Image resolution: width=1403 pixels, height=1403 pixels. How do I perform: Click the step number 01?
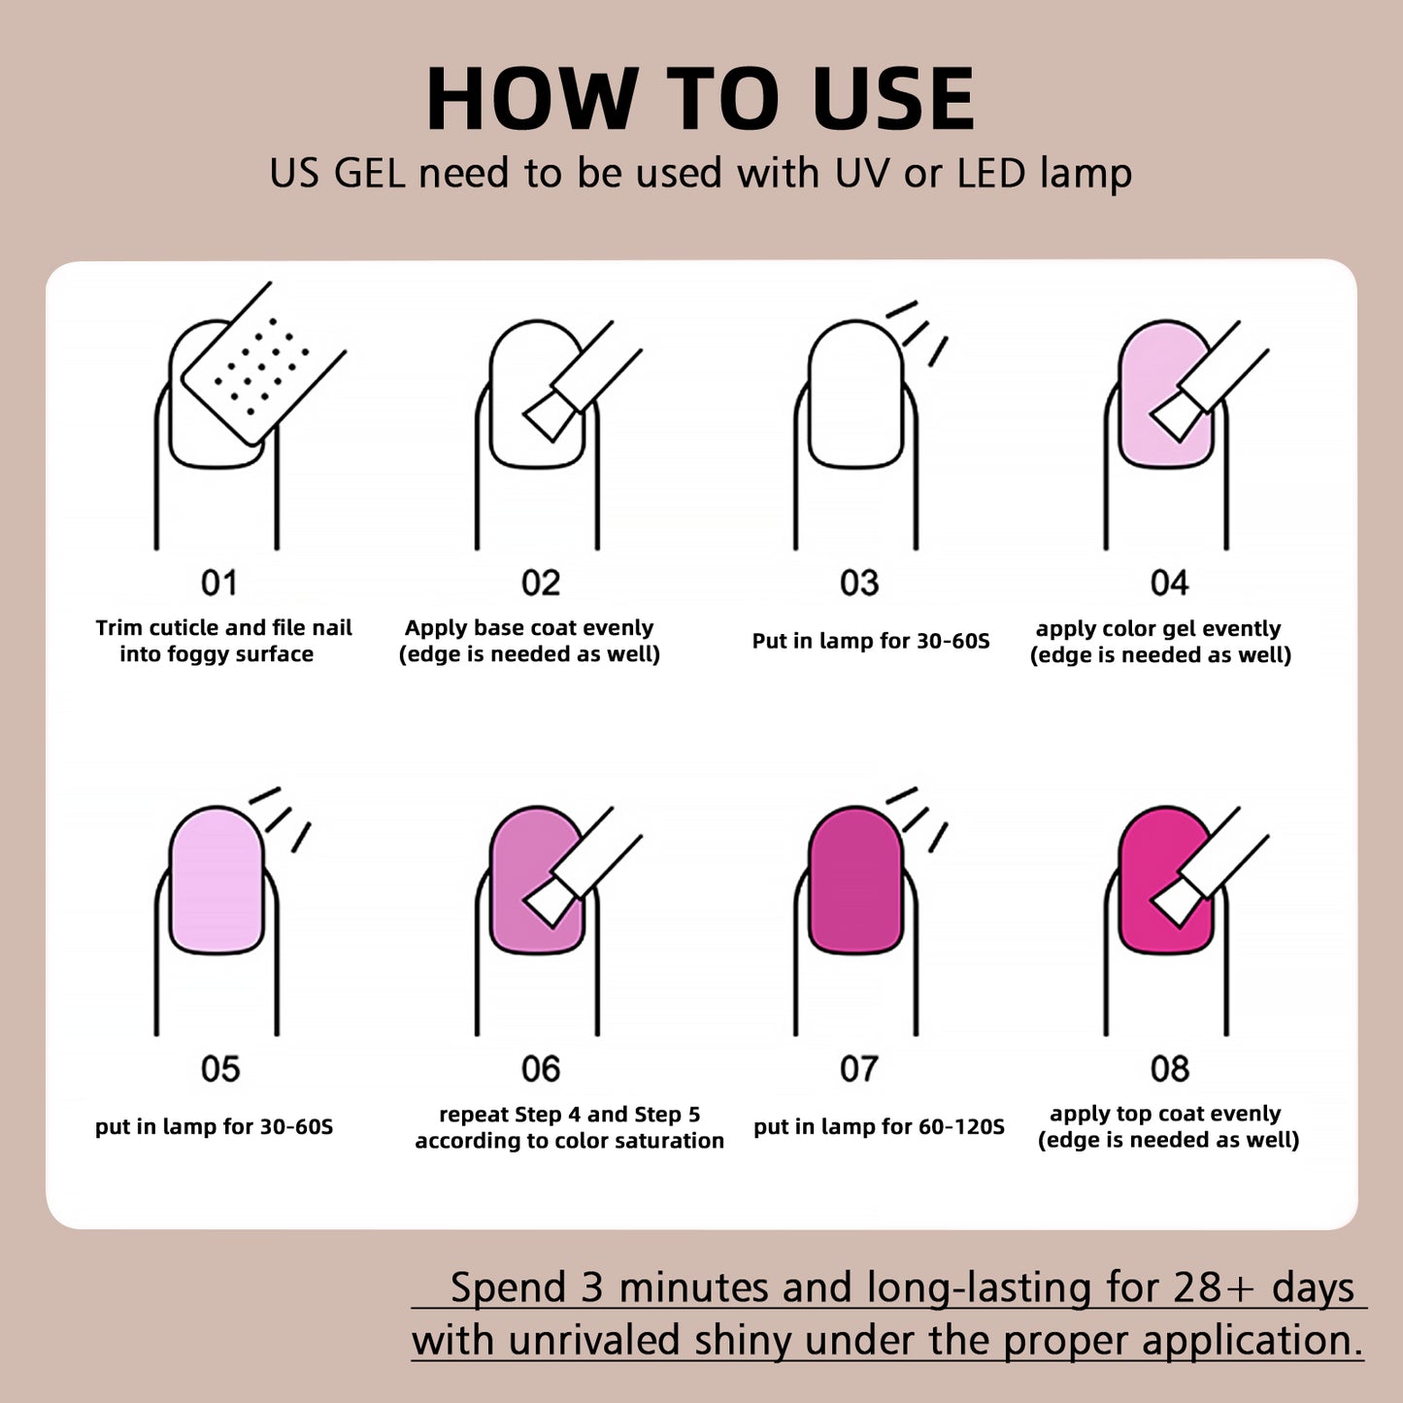point(219,584)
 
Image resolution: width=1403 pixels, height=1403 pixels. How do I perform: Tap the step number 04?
point(1169,584)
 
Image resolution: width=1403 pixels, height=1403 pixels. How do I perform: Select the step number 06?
point(541,1069)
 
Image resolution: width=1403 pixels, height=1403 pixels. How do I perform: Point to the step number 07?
point(859,1069)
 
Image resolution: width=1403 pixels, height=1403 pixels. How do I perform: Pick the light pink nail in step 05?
point(217,880)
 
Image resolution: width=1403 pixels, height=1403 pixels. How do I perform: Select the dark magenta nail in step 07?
point(855,880)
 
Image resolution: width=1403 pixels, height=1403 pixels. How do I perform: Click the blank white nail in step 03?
point(855,394)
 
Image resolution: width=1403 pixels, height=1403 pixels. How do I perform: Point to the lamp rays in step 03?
point(918,333)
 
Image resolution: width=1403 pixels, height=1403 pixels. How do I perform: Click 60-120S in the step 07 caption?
point(961,1127)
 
